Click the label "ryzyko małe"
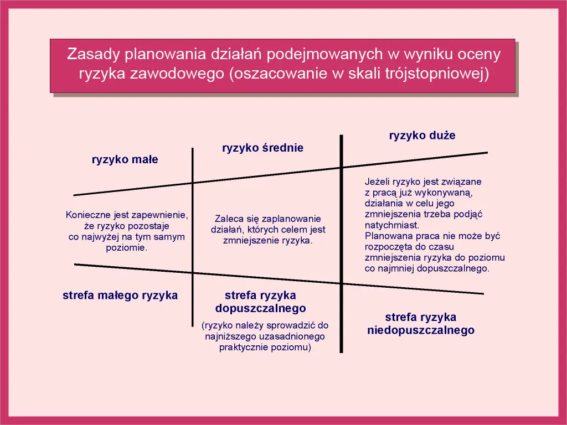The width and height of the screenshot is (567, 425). pyautogui.click(x=125, y=160)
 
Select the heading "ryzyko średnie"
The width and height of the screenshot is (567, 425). pyautogui.click(x=262, y=148)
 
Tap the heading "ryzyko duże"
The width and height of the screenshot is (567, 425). pyautogui.click(x=422, y=136)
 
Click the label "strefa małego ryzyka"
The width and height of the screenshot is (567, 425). pyautogui.click(x=120, y=296)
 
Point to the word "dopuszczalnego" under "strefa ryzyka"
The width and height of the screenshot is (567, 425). pyautogui.click(x=260, y=308)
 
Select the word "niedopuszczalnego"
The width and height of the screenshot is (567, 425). pyautogui.click(x=421, y=330)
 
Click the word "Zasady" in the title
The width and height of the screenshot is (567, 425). pyautogui.click(x=92, y=54)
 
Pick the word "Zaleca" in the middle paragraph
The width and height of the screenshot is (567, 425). pyautogui.click(x=228, y=219)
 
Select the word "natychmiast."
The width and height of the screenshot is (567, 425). pyautogui.click(x=392, y=225)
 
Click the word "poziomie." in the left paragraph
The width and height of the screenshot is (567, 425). pyautogui.click(x=127, y=248)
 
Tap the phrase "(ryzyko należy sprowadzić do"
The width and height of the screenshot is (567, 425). pyautogui.click(x=265, y=326)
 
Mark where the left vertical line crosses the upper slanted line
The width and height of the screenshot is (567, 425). pyautogui.click(x=193, y=182)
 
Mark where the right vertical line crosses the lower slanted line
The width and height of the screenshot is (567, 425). pyautogui.click(x=341, y=283)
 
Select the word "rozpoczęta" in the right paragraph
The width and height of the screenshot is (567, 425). pyautogui.click(x=386, y=247)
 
